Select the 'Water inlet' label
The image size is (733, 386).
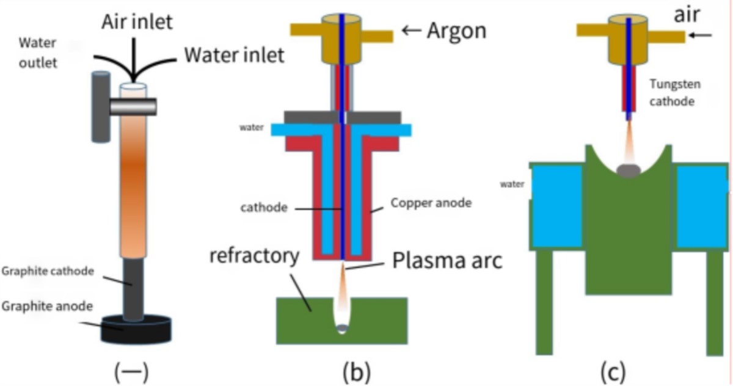(235, 55)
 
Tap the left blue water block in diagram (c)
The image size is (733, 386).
(556, 206)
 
